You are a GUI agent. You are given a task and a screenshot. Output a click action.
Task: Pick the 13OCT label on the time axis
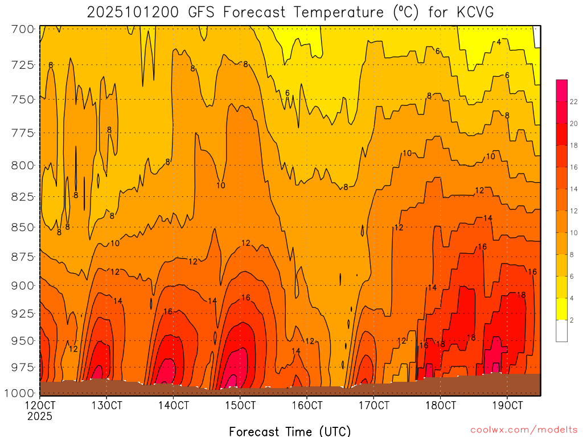pyautogui.click(x=107, y=406)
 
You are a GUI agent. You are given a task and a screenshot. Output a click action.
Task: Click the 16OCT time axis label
pyautogui.click(x=307, y=406)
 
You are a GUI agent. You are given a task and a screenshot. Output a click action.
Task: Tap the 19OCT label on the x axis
pyautogui.click(x=507, y=406)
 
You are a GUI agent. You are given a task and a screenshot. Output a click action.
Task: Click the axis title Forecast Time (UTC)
pyautogui.click(x=290, y=431)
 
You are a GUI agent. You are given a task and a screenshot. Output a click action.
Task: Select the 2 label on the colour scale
pyautogui.click(x=572, y=320)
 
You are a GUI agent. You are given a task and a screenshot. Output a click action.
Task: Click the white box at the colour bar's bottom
pyautogui.click(x=561, y=331)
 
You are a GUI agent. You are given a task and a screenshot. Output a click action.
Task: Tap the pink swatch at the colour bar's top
pyautogui.click(x=561, y=85)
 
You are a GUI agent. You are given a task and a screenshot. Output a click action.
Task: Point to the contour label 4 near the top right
pyautogui.click(x=499, y=42)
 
